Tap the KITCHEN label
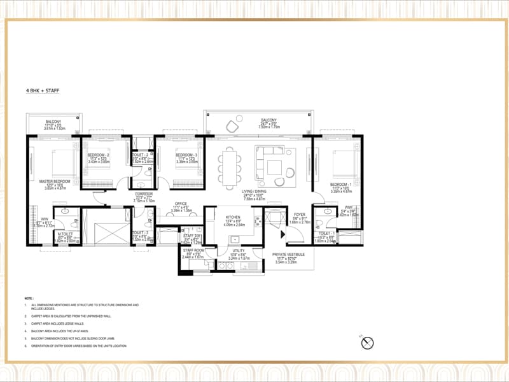tap(231, 218)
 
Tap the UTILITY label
tap(238, 251)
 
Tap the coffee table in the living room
tap(274, 167)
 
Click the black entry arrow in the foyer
tap(284, 234)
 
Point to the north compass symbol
tap(366, 343)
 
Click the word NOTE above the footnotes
tap(29, 298)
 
